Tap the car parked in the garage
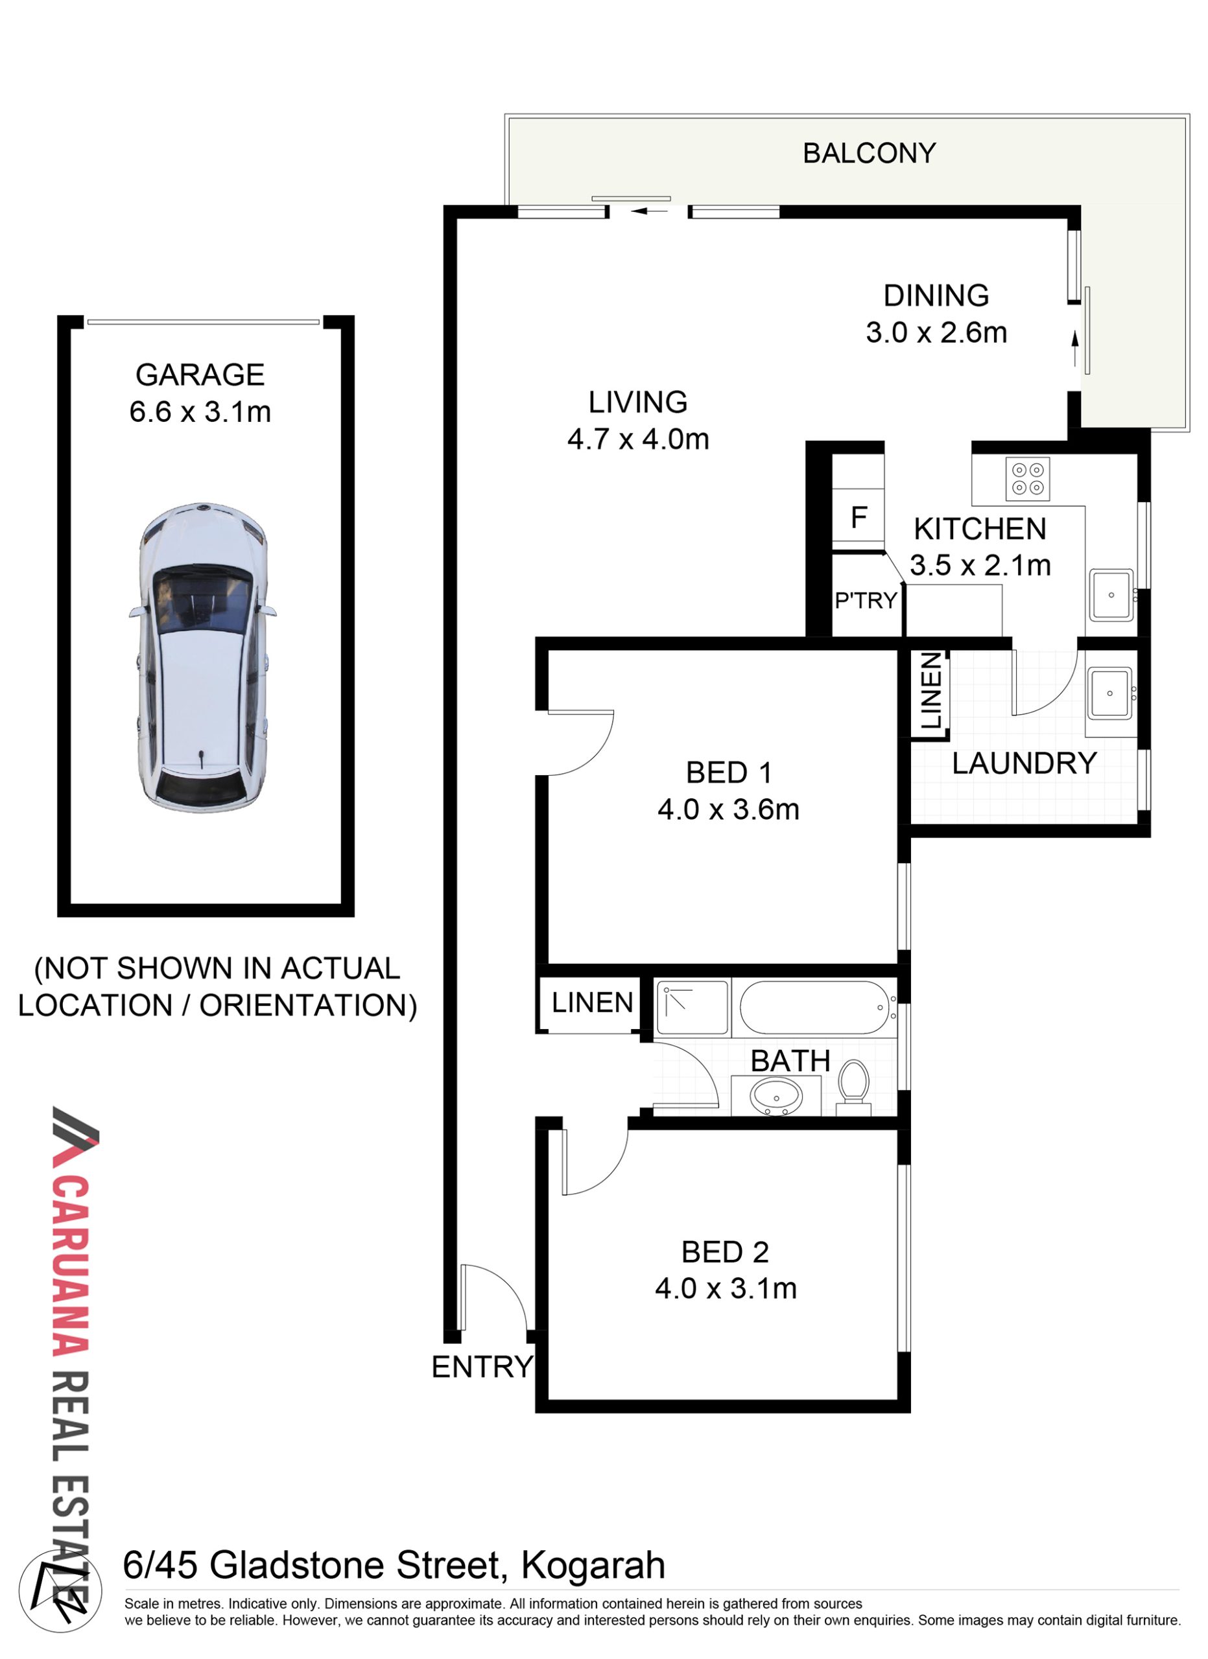(x=203, y=657)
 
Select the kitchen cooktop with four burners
(x=1027, y=479)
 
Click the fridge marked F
(x=859, y=517)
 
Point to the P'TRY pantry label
(x=866, y=600)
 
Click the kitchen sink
(x=1111, y=595)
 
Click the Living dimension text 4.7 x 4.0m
(x=638, y=439)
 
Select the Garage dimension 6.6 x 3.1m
(x=200, y=411)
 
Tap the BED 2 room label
(x=724, y=1252)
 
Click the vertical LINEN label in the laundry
(x=930, y=691)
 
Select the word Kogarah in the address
(x=593, y=1566)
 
